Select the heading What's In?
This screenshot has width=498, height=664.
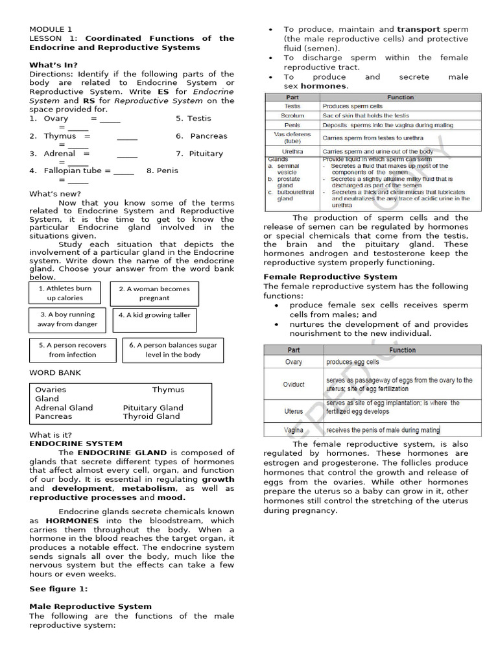pyautogui.click(x=53, y=65)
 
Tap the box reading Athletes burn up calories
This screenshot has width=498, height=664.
pyautogui.click(x=65, y=293)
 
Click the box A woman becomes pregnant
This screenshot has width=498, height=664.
pyautogui.click(x=154, y=294)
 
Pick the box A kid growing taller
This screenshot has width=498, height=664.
pyautogui.click(x=154, y=315)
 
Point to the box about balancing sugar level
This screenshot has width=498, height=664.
pyautogui.click(x=172, y=350)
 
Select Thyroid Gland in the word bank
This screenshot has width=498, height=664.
pyautogui.click(x=153, y=416)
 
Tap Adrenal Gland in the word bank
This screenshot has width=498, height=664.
pyautogui.click(x=64, y=408)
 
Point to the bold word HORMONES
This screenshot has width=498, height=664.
pyautogui.click(x=72, y=521)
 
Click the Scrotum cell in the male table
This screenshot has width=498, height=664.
pyautogui.click(x=292, y=115)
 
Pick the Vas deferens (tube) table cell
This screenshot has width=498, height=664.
pyautogui.click(x=292, y=137)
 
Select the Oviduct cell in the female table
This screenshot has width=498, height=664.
pyautogui.click(x=294, y=385)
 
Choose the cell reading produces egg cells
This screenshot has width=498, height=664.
pyautogui.click(x=353, y=362)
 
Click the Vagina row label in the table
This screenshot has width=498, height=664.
pyautogui.click(x=294, y=430)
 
